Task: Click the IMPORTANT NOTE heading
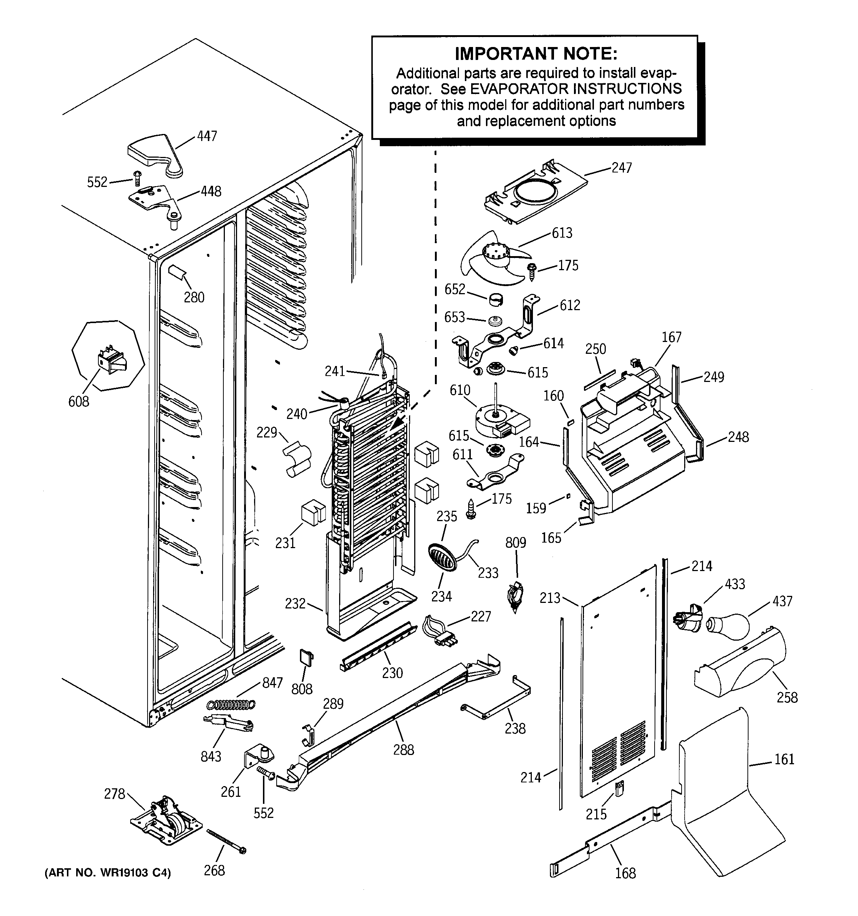pyautogui.click(x=536, y=54)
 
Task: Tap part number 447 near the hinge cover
pyautogui.click(x=207, y=137)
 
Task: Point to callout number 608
pyautogui.click(x=78, y=401)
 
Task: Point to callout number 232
pyautogui.click(x=295, y=603)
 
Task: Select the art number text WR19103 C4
pyautogui.click(x=107, y=873)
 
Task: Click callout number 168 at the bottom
pyautogui.click(x=625, y=873)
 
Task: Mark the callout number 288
pyautogui.click(x=403, y=750)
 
